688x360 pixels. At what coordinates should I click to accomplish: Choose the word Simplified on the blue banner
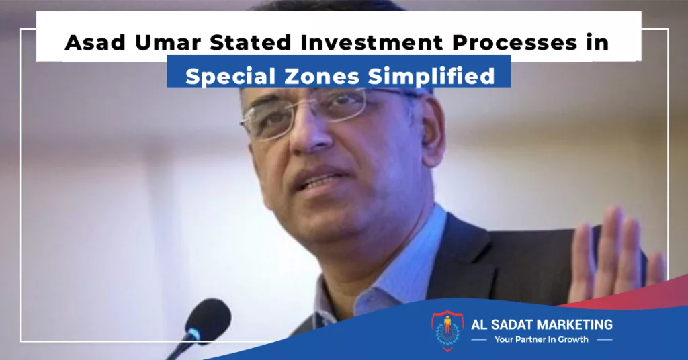pos(432,77)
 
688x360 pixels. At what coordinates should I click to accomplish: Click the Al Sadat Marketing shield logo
pos(447,330)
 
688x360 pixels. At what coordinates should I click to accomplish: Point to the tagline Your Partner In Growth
pos(542,339)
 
